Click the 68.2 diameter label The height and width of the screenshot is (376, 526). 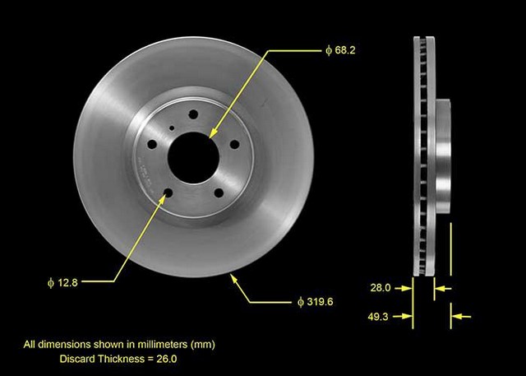pyautogui.click(x=340, y=50)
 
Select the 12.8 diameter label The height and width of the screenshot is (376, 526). pyautogui.click(x=62, y=283)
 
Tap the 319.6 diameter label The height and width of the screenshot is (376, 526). pyautogui.click(x=316, y=302)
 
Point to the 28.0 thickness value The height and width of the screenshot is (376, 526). pyautogui.click(x=381, y=288)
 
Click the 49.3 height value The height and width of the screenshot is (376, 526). pyautogui.click(x=378, y=317)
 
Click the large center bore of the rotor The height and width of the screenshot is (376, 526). pyautogui.click(x=194, y=158)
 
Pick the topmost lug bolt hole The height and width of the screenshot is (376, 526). pyautogui.click(x=193, y=114)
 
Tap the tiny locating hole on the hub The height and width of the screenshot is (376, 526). pyautogui.click(x=172, y=128)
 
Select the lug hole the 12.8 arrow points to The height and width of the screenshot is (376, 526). pyautogui.click(x=168, y=193)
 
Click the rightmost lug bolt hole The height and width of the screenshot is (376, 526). pyautogui.click(x=234, y=144)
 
